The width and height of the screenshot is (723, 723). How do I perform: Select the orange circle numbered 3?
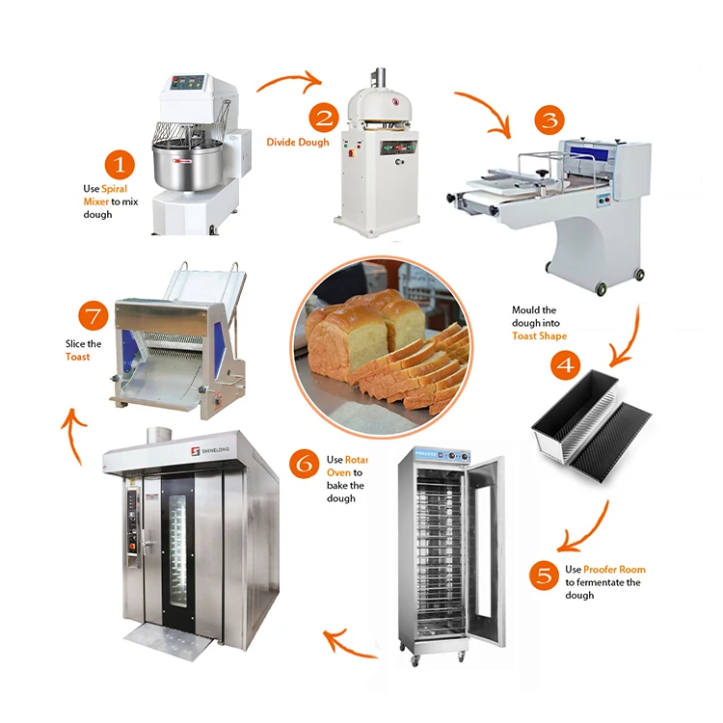(549, 120)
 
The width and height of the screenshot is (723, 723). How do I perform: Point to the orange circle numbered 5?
(545, 576)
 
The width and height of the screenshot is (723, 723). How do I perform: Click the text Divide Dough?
(298, 143)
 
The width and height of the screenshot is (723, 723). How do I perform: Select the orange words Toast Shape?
(540, 336)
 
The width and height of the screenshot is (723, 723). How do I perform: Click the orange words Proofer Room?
(614, 570)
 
